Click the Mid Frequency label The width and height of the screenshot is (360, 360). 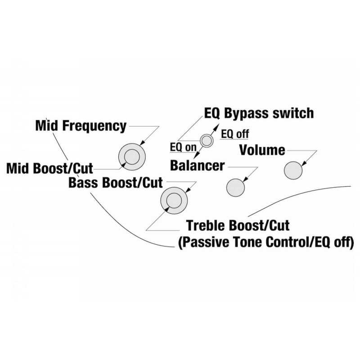81,126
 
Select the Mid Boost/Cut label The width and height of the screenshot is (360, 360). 49,168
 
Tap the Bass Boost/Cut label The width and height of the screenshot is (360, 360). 116,183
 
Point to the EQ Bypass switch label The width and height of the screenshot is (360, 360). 259,113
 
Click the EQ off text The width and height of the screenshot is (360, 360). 234,134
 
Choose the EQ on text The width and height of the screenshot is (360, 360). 183,147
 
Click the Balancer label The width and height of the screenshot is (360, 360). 197,165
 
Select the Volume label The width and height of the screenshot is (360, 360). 262,150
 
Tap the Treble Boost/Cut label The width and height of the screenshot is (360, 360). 238,225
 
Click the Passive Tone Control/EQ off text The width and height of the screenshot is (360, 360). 266,242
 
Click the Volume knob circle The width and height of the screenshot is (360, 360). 293,171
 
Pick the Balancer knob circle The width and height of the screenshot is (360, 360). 235,188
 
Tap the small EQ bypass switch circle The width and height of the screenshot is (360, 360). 207,140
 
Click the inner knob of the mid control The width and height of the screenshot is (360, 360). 132,157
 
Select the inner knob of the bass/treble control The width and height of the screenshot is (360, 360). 174,201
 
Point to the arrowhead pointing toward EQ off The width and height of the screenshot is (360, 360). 216,127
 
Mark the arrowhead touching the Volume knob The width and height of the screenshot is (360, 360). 304,163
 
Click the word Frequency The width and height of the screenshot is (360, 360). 94,126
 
